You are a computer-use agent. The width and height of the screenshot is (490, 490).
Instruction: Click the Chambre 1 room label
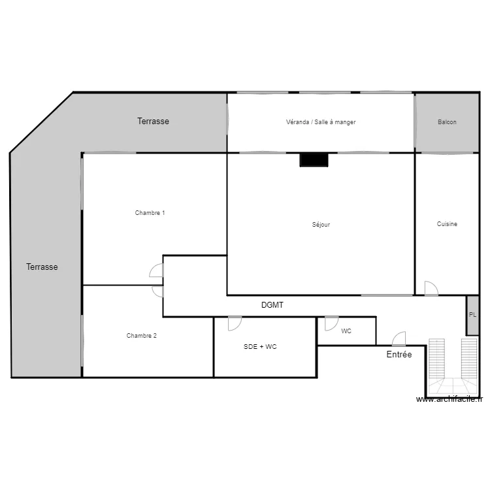150,213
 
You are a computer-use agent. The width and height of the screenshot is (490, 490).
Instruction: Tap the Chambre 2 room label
141,336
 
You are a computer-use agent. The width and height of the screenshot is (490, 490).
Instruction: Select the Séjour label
321,225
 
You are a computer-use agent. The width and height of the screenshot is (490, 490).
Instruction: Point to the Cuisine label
447,224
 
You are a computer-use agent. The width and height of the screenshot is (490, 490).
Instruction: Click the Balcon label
447,122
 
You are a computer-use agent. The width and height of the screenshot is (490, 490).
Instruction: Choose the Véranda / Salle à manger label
320,122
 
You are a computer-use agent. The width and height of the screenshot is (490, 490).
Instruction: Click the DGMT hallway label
272,305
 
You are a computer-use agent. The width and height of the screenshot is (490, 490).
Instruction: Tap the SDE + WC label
260,347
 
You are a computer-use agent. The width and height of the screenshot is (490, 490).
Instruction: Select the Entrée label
399,355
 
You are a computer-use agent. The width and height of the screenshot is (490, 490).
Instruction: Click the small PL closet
472,315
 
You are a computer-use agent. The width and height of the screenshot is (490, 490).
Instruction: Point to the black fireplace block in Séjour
314,159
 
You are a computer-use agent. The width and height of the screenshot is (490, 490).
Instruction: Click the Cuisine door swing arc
431,288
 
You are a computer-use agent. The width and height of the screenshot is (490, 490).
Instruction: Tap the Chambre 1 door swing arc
156,270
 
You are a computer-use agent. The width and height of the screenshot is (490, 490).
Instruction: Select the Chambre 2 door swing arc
157,291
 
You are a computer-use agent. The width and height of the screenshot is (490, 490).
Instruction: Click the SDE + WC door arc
235,323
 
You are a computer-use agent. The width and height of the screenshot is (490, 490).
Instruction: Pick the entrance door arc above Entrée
399,339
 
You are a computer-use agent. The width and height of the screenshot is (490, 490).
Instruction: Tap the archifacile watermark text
449,400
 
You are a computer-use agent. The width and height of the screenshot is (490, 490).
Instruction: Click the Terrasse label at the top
153,122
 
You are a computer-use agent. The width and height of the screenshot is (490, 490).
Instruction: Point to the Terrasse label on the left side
42,267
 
